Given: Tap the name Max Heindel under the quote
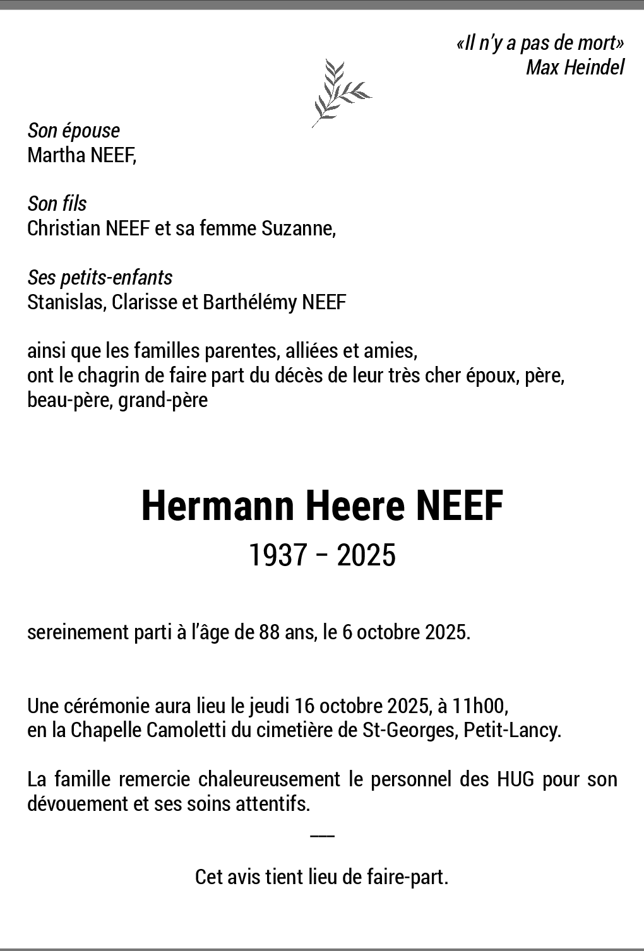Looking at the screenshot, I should tap(575, 67).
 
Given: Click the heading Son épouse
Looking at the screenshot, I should tap(73, 131).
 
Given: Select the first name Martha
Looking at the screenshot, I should tap(52, 155).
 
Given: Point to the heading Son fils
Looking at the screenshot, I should tap(57, 204).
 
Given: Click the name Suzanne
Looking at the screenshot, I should tap(298, 228).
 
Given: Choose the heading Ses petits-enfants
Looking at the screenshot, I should tap(100, 278).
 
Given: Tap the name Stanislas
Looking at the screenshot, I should tap(66, 302).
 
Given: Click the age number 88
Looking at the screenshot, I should tap(270, 632).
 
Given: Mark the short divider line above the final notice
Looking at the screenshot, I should tap(322, 836).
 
